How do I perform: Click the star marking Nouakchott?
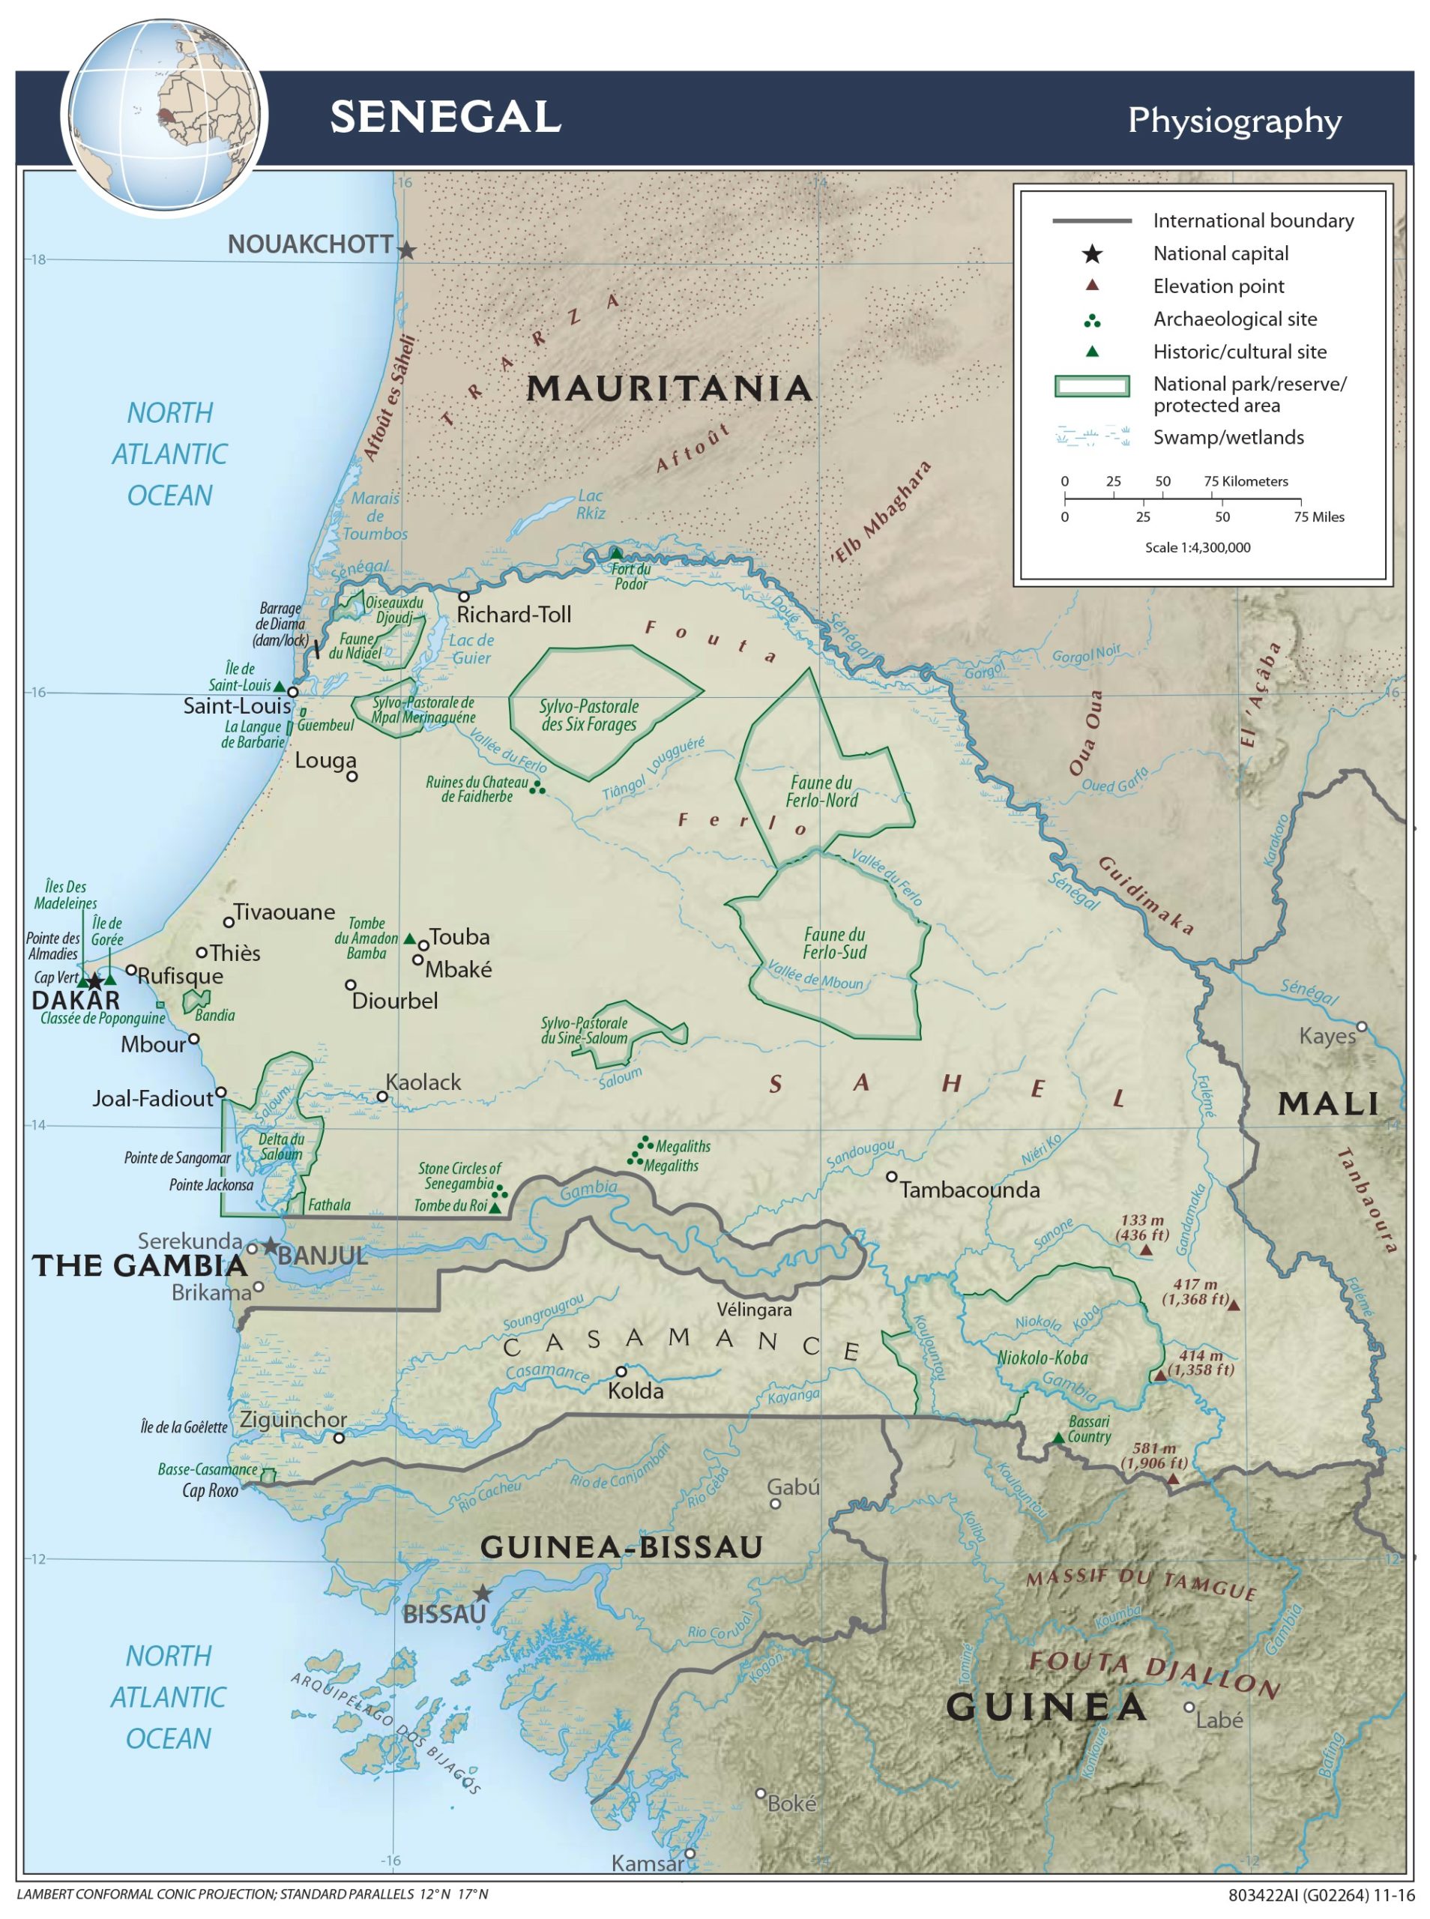pos(406,251)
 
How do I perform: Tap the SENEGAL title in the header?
pos(445,117)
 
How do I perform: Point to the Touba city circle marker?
pos(423,945)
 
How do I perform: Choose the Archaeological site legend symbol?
pos(1093,321)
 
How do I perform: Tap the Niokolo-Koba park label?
pos(1043,1358)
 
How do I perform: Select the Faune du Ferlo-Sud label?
pos(834,944)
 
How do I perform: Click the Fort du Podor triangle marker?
pos(615,553)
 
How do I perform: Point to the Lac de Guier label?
pos(471,648)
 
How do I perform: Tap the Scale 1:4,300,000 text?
pos(1197,547)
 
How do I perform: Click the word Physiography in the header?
pos(1234,121)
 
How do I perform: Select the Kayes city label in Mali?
pos(1327,1036)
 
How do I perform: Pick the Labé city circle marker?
pos(1189,1708)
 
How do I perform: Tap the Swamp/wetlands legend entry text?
pos(1228,437)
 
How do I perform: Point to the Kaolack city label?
pos(423,1082)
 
